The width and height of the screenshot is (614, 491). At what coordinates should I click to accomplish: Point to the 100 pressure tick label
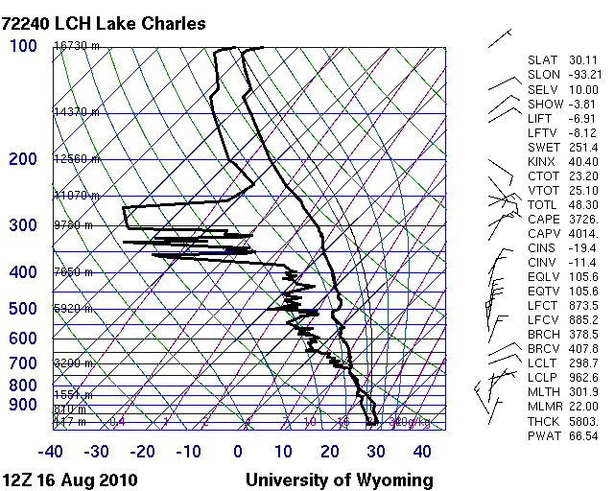[x=23, y=46]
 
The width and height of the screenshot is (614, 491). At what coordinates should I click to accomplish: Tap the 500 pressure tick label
[x=23, y=309]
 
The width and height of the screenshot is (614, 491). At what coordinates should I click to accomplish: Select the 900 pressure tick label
[x=23, y=406]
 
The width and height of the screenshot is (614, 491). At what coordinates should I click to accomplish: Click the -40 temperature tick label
[x=51, y=451]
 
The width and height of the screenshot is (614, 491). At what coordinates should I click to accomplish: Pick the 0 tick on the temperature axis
[x=238, y=451]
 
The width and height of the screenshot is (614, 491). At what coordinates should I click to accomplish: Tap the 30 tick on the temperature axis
[x=375, y=451]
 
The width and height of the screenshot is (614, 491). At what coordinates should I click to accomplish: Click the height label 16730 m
[x=77, y=46]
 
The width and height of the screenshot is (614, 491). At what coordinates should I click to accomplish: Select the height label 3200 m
[x=73, y=363]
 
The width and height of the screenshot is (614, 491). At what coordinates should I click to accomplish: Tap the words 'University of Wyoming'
[x=339, y=479]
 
